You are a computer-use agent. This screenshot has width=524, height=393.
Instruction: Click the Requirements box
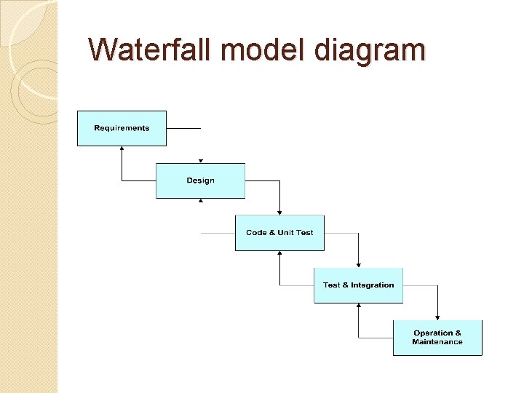pos(122,128)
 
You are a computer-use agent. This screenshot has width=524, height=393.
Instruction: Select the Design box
pos(200,180)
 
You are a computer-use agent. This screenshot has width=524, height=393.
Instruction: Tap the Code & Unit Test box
pos(279,233)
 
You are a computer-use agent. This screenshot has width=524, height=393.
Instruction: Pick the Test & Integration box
pos(358,285)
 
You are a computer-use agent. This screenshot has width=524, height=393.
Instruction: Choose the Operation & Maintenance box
pos(437,338)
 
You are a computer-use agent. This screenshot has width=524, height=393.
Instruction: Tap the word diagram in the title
pos(371,49)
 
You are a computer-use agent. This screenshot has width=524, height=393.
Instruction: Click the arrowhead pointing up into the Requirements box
pos(122,148)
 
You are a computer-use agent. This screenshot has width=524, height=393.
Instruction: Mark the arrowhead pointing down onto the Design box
pos(201,161)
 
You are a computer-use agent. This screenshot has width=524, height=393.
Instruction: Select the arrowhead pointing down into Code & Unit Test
pos(279,213)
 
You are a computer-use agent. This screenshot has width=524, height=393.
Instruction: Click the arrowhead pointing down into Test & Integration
pos(358,265)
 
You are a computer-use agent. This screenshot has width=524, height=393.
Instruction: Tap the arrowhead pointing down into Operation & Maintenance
pos(437,317)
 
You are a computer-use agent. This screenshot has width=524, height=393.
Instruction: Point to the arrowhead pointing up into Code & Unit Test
pos(279,254)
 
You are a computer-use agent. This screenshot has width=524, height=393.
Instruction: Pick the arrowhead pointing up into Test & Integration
pos(358,306)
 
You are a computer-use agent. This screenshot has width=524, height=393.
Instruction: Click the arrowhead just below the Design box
pos(201,201)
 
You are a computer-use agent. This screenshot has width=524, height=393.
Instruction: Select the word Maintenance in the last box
pos(437,342)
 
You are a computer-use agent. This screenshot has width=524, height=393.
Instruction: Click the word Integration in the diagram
pos(373,285)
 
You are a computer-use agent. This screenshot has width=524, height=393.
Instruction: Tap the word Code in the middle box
pos(256,233)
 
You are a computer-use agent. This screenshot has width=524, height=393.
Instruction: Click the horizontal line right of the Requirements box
pos(183,128)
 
